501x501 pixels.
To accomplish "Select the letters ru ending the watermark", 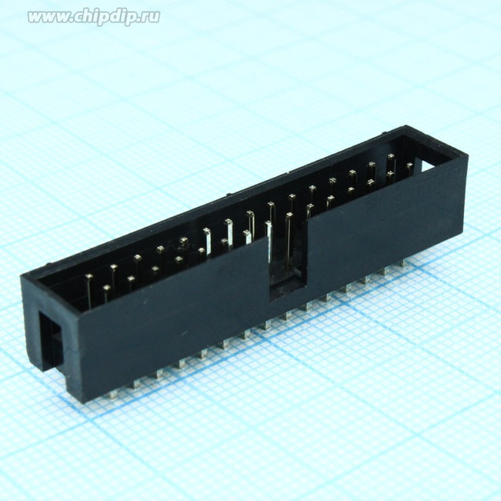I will (150, 17).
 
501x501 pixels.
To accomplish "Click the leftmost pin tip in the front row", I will (106, 289).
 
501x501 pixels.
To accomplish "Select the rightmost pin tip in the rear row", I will (391, 157).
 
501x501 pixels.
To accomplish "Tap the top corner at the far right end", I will (467, 156).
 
